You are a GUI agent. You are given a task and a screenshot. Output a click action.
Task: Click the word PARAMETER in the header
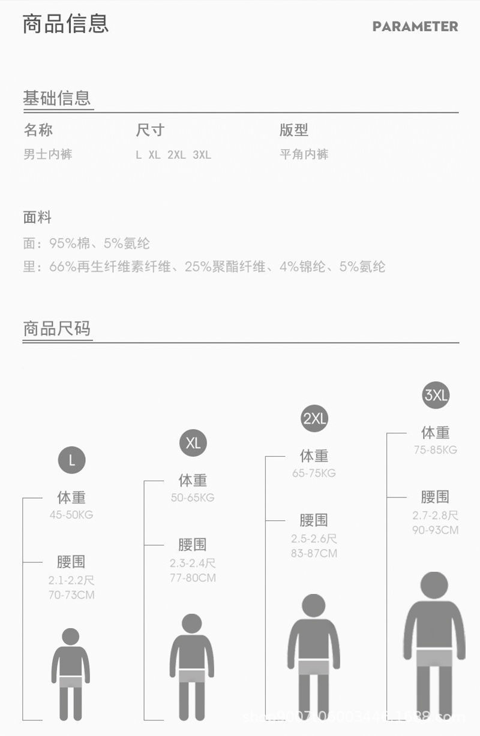(x=415, y=26)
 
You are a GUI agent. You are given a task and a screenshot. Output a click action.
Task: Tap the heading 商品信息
(x=66, y=24)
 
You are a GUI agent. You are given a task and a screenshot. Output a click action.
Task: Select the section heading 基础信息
(x=57, y=98)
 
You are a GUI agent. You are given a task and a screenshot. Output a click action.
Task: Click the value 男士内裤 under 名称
(x=48, y=155)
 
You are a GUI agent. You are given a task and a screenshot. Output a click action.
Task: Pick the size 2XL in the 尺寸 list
(x=176, y=155)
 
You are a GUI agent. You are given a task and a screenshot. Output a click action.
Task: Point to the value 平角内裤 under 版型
(x=304, y=155)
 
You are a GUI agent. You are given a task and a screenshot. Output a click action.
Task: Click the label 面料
(x=37, y=218)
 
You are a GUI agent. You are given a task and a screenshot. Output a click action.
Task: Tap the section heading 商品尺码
(x=57, y=328)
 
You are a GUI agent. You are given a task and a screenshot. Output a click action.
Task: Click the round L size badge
(x=71, y=460)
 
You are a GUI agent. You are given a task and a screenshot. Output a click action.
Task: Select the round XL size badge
(x=193, y=443)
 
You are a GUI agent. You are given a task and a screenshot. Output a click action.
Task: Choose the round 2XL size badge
(x=314, y=418)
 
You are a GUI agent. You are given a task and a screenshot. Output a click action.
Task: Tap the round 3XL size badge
(x=436, y=395)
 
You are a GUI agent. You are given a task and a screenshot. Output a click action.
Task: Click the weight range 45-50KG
(x=71, y=515)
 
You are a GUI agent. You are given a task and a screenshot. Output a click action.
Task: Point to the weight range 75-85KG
(x=435, y=450)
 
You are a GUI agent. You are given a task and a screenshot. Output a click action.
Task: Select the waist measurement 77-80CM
(x=193, y=578)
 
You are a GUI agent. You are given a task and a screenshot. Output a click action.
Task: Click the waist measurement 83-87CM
(x=314, y=554)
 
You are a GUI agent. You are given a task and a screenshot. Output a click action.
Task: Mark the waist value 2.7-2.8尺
(x=435, y=515)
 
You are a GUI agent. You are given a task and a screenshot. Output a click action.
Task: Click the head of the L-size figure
(x=71, y=637)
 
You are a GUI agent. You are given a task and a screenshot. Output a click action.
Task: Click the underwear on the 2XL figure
(x=314, y=666)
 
